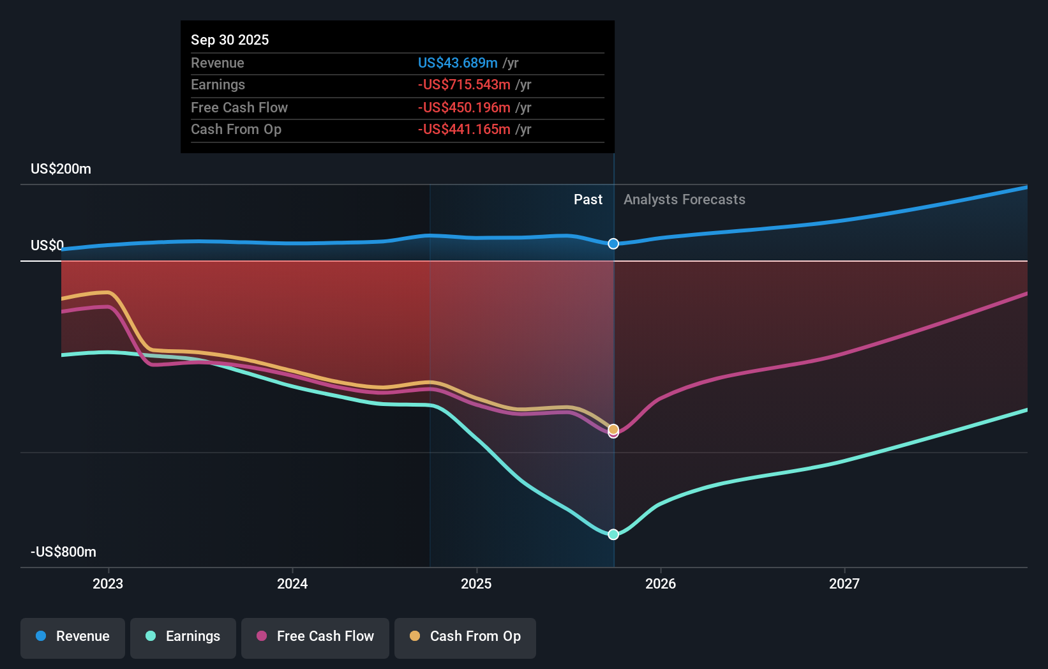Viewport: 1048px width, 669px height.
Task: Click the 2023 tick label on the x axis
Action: pos(108,583)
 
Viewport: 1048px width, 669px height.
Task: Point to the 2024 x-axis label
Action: pos(292,583)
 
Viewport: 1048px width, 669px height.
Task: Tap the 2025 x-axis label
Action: pos(476,583)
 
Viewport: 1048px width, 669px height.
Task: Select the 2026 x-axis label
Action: pos(661,583)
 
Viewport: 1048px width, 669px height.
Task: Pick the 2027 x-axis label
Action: pos(844,583)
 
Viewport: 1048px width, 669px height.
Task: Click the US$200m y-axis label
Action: pos(61,169)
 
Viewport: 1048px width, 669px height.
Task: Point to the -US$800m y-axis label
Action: pos(64,552)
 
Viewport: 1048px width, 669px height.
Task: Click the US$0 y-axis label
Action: pos(47,245)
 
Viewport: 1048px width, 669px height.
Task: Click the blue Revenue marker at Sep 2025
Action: pos(613,244)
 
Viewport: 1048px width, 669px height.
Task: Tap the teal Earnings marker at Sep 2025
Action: pos(613,534)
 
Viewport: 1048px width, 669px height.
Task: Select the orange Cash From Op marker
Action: pos(613,429)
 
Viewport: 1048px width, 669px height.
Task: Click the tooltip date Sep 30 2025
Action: pos(230,40)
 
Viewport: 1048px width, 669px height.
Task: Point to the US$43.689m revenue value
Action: pos(458,63)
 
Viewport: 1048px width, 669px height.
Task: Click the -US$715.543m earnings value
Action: pos(464,85)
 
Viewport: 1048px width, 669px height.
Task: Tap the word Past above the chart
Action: pos(588,199)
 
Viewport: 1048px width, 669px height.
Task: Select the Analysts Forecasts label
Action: pos(684,199)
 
